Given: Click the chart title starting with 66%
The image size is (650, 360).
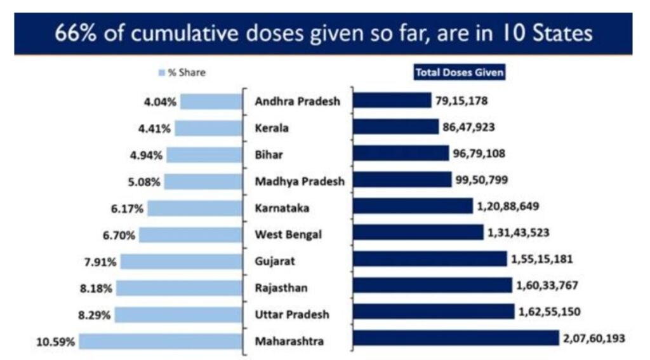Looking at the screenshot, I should pyautogui.click(x=324, y=33).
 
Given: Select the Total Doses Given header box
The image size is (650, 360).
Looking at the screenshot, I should pyautogui.click(x=460, y=72).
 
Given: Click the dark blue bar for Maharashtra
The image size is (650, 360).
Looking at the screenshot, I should pyautogui.click(x=456, y=339).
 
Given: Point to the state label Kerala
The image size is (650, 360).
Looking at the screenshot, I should pyautogui.click(x=272, y=128).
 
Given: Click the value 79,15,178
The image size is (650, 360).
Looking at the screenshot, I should pyautogui.click(x=461, y=100).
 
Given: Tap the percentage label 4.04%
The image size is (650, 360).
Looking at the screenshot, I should pyautogui.click(x=162, y=102).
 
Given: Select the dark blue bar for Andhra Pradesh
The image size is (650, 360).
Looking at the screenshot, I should pyautogui.click(x=392, y=100).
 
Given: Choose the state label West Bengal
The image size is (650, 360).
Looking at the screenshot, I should pyautogui.click(x=288, y=235).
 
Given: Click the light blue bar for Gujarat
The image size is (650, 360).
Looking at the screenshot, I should pyautogui.click(x=180, y=262).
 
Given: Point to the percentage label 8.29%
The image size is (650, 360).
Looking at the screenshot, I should pyautogui.click(x=97, y=314).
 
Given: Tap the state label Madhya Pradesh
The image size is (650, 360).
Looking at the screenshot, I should pyautogui.click(x=300, y=182).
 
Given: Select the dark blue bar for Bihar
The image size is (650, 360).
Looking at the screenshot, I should pyautogui.click(x=401, y=153).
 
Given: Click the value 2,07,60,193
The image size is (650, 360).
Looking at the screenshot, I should pyautogui.click(x=594, y=339).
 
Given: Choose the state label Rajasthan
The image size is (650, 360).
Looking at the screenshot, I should pyautogui.click(x=281, y=288).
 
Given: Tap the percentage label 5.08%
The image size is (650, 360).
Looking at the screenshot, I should pyautogui.click(x=144, y=182).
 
